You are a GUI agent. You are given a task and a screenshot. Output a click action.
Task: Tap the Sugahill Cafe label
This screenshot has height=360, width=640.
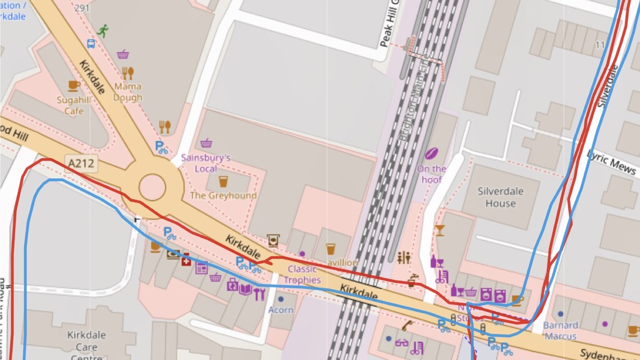point(74,106)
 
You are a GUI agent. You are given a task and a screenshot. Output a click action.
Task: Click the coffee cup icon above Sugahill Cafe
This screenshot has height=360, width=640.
point(74,86)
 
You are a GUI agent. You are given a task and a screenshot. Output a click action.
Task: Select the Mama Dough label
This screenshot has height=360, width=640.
point(127,92)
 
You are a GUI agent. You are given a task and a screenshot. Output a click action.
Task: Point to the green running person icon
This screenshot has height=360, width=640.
point(102,30)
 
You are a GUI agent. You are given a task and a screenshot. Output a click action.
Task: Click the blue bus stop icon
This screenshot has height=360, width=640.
point(91,44)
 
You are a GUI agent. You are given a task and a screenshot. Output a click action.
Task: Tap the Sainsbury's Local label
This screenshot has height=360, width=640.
point(206,162)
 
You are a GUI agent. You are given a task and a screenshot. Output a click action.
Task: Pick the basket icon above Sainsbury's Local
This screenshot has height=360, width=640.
point(206,143)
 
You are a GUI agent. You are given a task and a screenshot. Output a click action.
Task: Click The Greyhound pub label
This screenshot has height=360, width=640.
point(223,196)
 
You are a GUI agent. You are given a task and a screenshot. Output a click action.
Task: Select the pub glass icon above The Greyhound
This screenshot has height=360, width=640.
point(223,181)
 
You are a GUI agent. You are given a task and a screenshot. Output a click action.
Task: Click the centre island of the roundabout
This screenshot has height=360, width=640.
point(152,186)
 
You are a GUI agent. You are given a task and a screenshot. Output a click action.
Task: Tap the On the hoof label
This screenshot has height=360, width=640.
point(431,174)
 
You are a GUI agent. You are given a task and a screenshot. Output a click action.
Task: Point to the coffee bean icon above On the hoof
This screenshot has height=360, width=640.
point(431,153)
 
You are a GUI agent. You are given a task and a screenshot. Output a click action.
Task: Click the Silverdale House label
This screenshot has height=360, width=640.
point(501,197)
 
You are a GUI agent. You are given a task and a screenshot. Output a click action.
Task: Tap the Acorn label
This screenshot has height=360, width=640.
point(281,309)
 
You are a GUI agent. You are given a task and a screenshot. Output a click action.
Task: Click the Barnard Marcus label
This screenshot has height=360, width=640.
point(560,331)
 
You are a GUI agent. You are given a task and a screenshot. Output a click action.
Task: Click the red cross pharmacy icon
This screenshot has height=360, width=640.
point(186,261)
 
